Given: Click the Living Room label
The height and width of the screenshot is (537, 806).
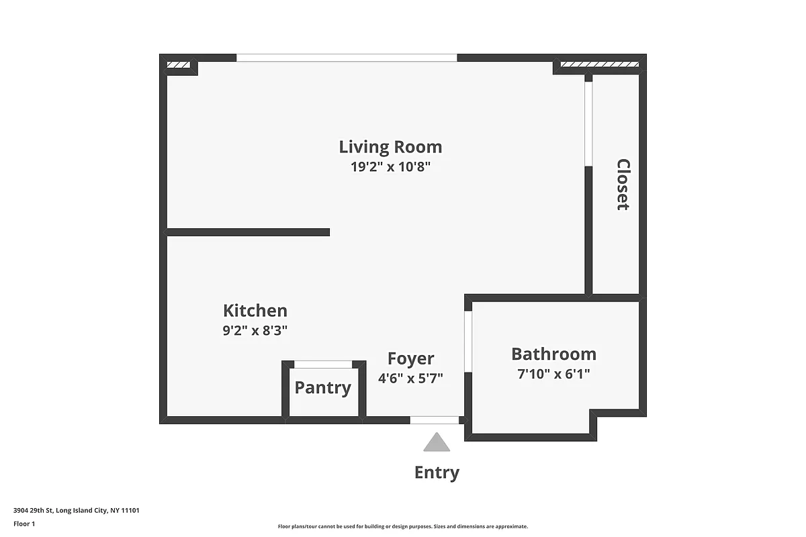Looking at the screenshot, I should coord(390,147).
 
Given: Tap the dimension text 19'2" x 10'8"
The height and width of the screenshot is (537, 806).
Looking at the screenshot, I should coord(390,167).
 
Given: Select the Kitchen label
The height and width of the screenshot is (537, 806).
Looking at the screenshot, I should coord(255,311).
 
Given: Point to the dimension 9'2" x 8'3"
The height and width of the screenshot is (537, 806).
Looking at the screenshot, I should coord(255,331).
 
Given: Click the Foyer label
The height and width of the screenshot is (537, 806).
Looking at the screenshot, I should coord(410,358).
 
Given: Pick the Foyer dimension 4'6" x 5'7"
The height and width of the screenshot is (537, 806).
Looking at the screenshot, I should coord(410,378).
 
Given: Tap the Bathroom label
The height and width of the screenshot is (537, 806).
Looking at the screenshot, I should coord(553,354).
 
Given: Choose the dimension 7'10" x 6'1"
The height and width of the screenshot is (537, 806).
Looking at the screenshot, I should coord(553,374).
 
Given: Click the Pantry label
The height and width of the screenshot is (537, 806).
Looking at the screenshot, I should coord(323,388).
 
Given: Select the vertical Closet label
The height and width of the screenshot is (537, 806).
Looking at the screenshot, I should coord(623,185).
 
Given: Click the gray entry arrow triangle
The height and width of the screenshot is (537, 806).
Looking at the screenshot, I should coord(437,443).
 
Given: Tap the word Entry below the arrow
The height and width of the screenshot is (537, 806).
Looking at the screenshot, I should coord(437,473).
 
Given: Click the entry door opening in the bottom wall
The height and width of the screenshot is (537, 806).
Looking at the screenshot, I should coord(435,420).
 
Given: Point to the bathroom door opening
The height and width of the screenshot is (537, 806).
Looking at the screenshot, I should coord(468,340).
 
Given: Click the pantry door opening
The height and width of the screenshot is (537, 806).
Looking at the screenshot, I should coord(323,364).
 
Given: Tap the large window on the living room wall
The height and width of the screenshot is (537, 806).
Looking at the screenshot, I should coord(347,58).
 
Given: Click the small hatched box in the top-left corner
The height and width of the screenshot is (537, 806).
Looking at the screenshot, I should coord(178,65).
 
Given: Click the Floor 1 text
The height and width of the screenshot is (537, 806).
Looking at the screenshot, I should coord(24,524).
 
